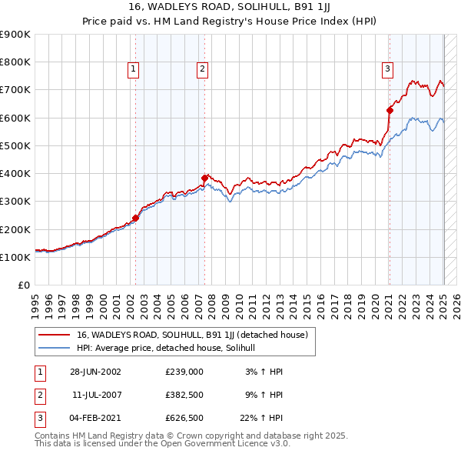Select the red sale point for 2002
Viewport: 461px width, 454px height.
(x=136, y=218)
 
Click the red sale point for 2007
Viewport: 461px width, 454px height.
(x=204, y=178)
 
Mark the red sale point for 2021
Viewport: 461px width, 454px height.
(x=390, y=110)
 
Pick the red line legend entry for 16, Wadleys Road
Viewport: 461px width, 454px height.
(x=192, y=335)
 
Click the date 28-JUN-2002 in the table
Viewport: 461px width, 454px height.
(x=95, y=372)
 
